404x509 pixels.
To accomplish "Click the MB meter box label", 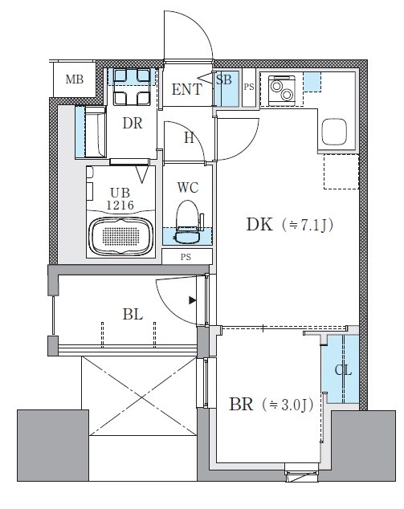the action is [75, 79].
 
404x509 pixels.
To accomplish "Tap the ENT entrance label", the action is [186, 89].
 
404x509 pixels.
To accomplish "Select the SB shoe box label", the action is [224, 79].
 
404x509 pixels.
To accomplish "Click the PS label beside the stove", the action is [249, 87].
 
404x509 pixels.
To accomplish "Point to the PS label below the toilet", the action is [186, 258].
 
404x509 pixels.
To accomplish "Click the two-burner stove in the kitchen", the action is [282, 91].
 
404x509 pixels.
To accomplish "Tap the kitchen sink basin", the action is [334, 132].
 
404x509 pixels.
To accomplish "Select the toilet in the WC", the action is [187, 222].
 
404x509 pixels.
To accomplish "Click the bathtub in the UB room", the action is [120, 236].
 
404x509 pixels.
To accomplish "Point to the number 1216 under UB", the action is [120, 206].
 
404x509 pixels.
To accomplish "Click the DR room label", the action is [133, 124].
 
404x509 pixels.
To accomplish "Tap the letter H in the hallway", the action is [189, 138].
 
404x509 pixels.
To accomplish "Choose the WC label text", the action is [188, 188].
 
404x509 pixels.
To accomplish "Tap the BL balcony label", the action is [133, 315].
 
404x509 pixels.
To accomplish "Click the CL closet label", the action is [343, 370].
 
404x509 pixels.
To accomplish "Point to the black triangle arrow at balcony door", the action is [193, 300].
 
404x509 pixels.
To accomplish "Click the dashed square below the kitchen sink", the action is [341, 172].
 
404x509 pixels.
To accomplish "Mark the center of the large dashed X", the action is [143, 396].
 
